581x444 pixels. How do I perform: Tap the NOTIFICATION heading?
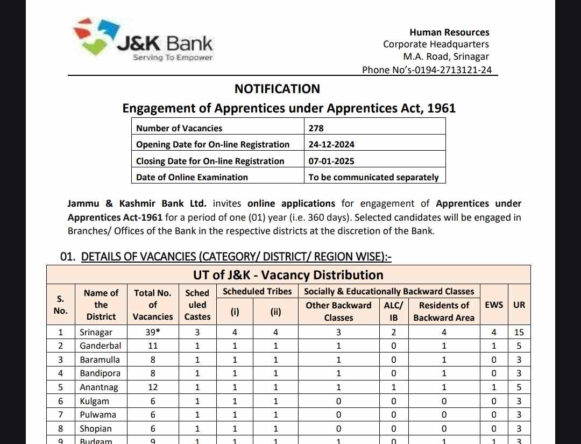click(x=277, y=89)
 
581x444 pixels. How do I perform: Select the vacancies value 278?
click(x=316, y=128)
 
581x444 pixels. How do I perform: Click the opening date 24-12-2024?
click(x=331, y=144)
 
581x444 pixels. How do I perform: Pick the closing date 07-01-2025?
click(x=331, y=161)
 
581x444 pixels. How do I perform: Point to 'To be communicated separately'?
click(x=373, y=177)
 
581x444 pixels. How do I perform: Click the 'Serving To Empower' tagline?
click(x=173, y=58)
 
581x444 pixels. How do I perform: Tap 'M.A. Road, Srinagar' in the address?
click(x=447, y=57)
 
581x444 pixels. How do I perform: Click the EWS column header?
click(x=494, y=305)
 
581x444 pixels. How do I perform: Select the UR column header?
click(x=519, y=305)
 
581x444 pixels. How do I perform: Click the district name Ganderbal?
click(x=101, y=346)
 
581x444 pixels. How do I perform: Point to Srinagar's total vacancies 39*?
click(x=153, y=332)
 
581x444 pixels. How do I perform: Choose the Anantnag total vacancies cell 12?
click(x=153, y=387)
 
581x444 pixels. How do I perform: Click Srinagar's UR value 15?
click(x=519, y=332)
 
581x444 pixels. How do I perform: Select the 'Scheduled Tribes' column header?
click(x=257, y=291)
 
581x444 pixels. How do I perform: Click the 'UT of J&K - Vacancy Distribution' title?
click(x=288, y=275)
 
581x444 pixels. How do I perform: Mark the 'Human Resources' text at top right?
click(x=449, y=32)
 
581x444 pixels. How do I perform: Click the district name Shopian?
click(x=96, y=428)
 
